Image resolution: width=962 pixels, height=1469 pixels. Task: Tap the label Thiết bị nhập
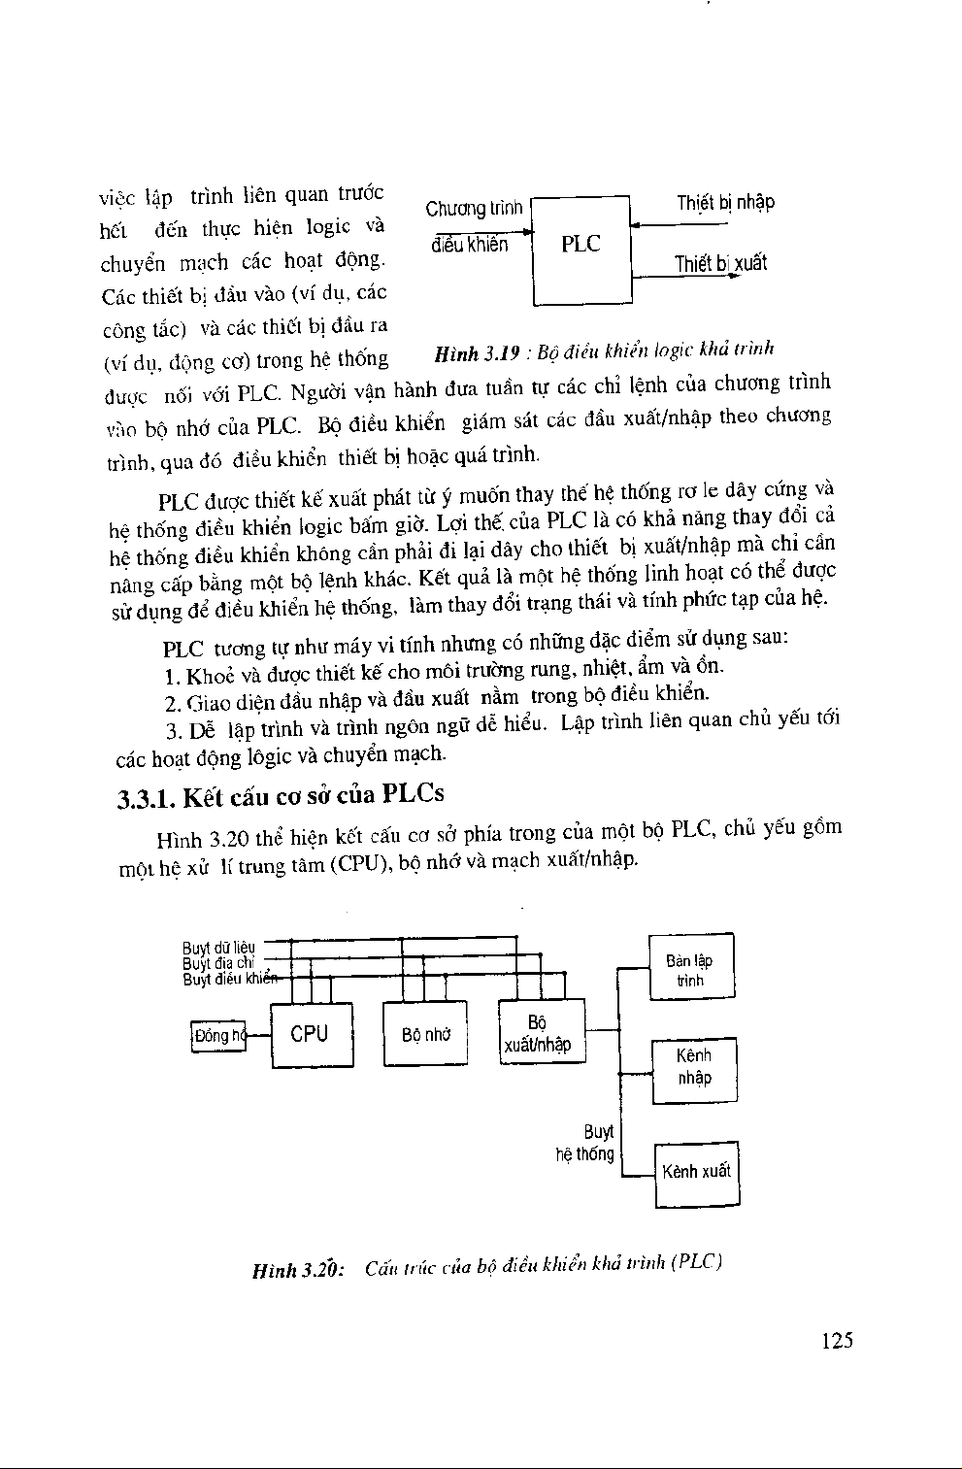(725, 203)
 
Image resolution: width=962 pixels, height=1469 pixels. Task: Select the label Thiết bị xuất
(720, 263)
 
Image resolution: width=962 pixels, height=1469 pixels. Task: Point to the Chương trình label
(475, 209)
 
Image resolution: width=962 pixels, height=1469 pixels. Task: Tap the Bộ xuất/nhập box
(540, 1033)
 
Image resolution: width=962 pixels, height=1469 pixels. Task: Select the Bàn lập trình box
(690, 969)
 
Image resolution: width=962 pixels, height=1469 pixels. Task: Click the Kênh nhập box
(694, 1067)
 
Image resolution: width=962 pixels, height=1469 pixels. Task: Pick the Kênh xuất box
(696, 1172)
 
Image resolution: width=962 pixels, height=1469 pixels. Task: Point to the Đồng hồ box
(217, 1036)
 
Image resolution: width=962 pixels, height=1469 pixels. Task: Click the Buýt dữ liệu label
(218, 947)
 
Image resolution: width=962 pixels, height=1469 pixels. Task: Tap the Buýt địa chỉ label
(217, 963)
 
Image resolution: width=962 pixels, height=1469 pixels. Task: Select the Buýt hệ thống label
(586, 1144)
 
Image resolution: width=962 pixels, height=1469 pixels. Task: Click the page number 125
(836, 1341)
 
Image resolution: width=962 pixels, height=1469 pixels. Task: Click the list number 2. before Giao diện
(171, 703)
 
